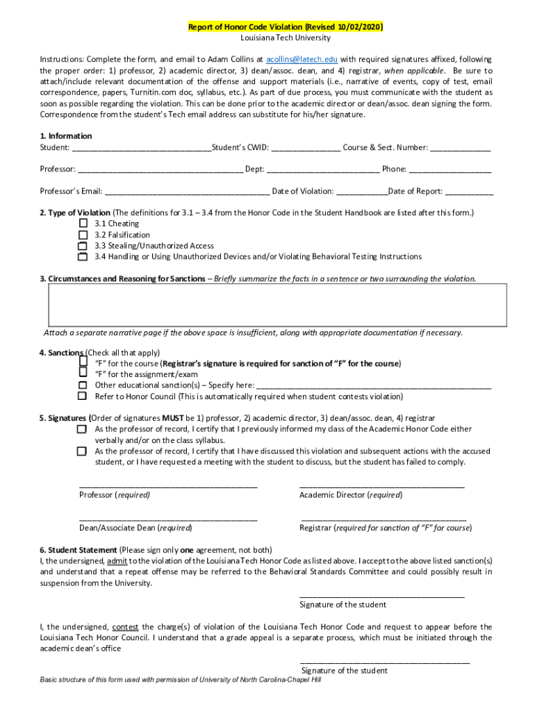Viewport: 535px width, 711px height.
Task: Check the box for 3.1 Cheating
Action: (x=83, y=224)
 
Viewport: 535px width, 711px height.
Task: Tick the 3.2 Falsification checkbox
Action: (x=83, y=235)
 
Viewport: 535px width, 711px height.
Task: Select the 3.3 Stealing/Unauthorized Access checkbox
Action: (x=83, y=246)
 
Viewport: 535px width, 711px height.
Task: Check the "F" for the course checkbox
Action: (x=83, y=362)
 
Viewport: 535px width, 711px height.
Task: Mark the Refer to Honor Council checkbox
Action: (x=83, y=396)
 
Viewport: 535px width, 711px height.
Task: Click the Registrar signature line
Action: (x=384, y=518)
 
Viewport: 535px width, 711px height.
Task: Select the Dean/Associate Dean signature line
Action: (x=168, y=518)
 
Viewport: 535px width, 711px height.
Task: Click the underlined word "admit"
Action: (x=117, y=560)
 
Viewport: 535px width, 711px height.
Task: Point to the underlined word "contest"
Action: (x=124, y=627)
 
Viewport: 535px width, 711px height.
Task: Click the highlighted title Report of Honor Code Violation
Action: (x=286, y=27)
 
